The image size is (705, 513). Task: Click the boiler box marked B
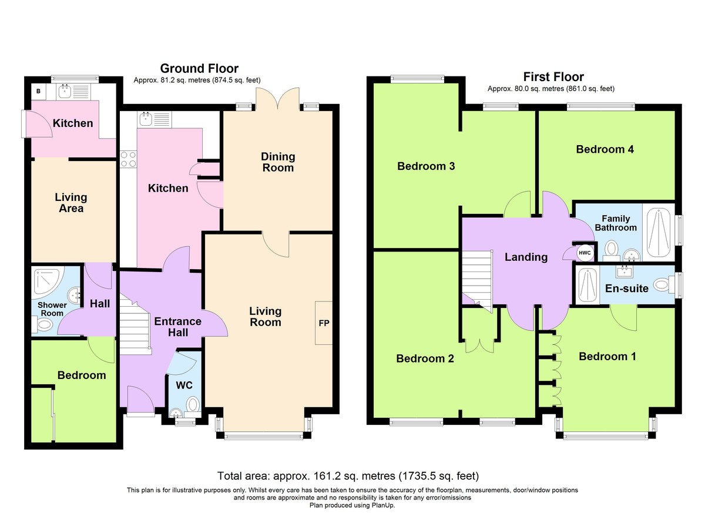click(39, 92)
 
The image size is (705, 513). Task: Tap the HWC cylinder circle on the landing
click(585, 253)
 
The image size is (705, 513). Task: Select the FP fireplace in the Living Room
click(324, 323)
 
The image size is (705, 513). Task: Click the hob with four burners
click(129, 159)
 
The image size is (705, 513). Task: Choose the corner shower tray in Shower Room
click(47, 281)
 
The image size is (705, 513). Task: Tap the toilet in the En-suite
click(663, 285)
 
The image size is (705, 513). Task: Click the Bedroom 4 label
click(605, 149)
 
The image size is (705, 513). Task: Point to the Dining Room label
click(278, 162)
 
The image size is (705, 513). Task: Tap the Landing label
click(526, 257)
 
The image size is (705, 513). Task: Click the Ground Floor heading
click(199, 68)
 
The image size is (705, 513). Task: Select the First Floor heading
click(553, 77)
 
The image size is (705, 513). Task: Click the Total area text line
click(348, 475)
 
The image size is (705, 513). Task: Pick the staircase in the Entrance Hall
click(135, 326)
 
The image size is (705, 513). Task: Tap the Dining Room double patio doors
click(277, 99)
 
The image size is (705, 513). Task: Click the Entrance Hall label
click(178, 327)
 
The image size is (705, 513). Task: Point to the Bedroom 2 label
click(425, 358)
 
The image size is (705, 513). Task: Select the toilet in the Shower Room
click(42, 325)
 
